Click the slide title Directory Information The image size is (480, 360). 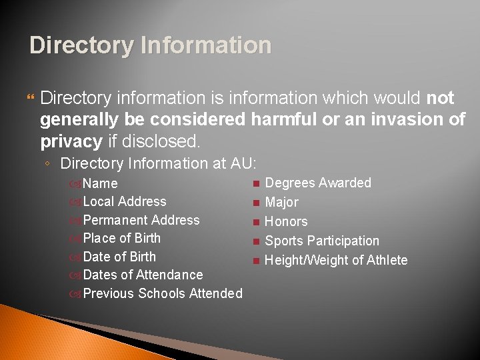(x=151, y=45)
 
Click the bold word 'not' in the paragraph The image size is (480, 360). (x=440, y=99)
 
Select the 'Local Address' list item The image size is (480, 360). (x=125, y=201)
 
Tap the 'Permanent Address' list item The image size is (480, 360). (x=141, y=220)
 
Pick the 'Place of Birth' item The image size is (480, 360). (x=122, y=238)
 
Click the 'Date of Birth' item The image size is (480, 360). (x=119, y=257)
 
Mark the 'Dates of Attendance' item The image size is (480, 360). (x=143, y=275)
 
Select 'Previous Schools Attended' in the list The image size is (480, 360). (x=163, y=293)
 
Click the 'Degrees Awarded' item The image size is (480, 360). (x=318, y=183)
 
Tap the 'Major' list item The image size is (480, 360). (x=282, y=202)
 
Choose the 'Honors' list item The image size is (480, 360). (x=286, y=221)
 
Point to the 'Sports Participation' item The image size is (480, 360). (x=322, y=241)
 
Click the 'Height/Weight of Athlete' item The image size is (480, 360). (x=336, y=260)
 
